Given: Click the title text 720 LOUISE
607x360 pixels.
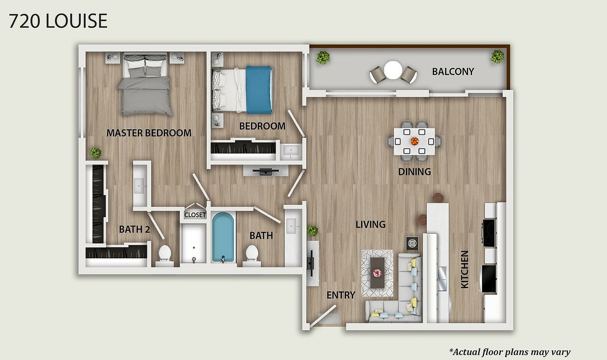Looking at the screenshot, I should coord(58,21).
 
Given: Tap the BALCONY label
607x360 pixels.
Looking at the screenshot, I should coord(453,72).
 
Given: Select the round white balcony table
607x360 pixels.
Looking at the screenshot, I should coord(393,70).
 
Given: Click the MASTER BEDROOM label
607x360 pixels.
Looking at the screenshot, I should coord(149,133).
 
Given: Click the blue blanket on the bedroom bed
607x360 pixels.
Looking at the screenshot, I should coord(258,90).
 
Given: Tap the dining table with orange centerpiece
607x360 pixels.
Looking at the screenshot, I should coord(415,141).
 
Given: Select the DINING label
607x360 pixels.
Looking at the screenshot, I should coord(414,172).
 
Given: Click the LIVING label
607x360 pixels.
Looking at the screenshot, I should coord(371,225).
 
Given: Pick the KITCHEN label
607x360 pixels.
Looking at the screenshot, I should coord(465,269).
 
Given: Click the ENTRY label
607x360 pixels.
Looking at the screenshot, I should coord(341,295).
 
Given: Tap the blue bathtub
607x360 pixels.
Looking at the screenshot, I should coord(223,237).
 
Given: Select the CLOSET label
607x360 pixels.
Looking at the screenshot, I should coord(195,215).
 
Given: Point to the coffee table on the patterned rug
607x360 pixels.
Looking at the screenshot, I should coord(377,272).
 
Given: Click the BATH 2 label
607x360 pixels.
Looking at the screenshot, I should coord(134,229).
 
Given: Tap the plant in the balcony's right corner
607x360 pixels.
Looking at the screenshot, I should coord(497,57).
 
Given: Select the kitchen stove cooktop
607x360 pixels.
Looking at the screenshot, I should coord(489,232).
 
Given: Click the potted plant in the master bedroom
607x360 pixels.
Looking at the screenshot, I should coord(95,153).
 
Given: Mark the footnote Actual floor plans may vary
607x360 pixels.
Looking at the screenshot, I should coord(510,352).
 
